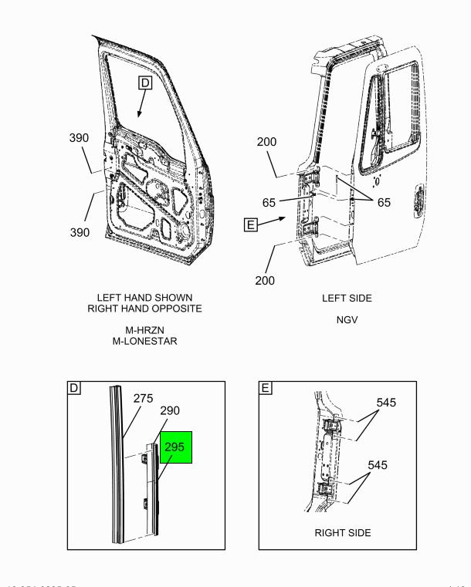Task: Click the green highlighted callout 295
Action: tap(175, 447)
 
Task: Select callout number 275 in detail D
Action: tap(143, 399)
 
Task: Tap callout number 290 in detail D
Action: tap(170, 412)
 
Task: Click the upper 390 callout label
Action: tap(79, 138)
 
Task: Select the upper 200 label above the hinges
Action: tap(267, 142)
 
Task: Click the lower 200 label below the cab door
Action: tap(265, 281)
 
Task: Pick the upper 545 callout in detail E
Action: tap(387, 403)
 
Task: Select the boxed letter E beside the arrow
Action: tap(249, 225)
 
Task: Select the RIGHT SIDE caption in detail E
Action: tap(343, 533)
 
